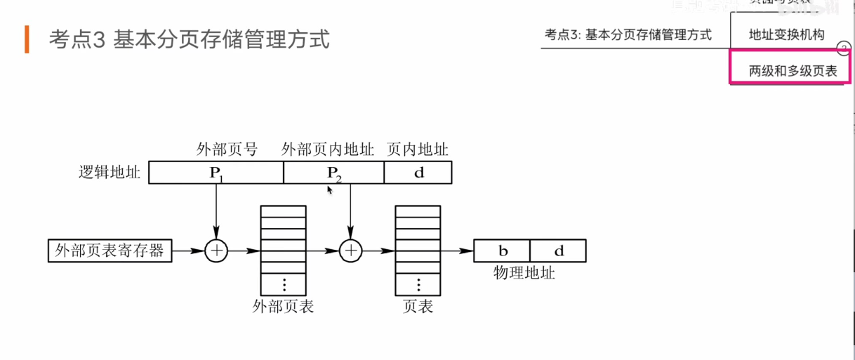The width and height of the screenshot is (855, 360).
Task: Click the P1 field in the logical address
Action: click(216, 173)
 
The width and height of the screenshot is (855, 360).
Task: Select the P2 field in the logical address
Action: click(333, 173)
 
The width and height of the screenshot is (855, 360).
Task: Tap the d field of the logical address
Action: click(418, 173)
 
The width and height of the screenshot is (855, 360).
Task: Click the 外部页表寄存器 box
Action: click(110, 251)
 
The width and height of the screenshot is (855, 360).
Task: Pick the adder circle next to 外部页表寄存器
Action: click(216, 251)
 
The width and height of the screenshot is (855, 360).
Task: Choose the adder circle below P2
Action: click(350, 251)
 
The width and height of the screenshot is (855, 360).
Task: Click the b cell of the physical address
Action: click(503, 251)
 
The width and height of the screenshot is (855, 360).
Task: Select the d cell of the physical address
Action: click(558, 251)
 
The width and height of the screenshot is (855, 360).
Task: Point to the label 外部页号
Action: click(227, 149)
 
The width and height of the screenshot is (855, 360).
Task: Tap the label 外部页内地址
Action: click(328, 149)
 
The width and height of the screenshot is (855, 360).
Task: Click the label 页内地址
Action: click(418, 149)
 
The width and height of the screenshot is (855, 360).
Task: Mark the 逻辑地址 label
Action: click(110, 173)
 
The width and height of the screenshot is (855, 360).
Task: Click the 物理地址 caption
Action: click(524, 273)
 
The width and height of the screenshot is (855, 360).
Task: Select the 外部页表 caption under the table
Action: click(283, 307)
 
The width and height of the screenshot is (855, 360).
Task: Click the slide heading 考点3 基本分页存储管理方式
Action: click(189, 39)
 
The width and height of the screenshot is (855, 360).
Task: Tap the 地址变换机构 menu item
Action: click(786, 34)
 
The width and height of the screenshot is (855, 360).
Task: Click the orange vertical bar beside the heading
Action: click(27, 39)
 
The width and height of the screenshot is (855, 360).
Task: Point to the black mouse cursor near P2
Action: click(329, 189)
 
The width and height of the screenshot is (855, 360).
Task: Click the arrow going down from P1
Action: click(216, 211)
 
